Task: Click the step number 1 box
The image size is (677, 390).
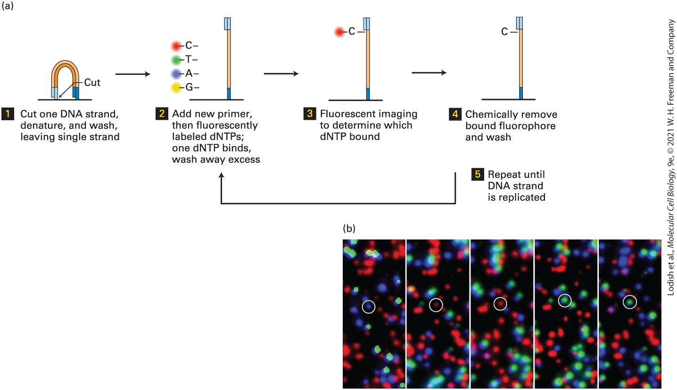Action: click(x=8, y=114)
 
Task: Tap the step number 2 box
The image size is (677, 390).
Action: click(x=162, y=114)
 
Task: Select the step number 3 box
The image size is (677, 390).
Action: click(x=310, y=114)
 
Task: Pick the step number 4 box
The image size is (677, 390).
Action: click(x=455, y=114)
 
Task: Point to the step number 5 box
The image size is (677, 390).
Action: click(x=478, y=174)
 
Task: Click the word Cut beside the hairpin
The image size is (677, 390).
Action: click(x=92, y=83)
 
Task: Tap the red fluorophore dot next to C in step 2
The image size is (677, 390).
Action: click(x=176, y=46)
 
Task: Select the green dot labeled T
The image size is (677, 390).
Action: click(x=176, y=60)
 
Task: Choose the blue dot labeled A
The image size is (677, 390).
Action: click(x=176, y=74)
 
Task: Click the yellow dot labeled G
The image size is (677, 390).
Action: click(x=176, y=88)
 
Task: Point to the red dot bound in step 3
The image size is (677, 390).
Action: click(x=339, y=32)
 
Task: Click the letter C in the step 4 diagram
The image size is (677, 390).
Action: click(x=504, y=32)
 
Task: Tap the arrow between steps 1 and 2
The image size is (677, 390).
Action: click(x=133, y=74)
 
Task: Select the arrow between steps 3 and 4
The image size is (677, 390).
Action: click(x=429, y=73)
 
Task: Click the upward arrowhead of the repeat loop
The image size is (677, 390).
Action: click(x=222, y=175)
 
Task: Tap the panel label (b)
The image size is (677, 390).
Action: click(x=349, y=229)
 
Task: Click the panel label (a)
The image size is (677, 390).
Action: click(x=8, y=6)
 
